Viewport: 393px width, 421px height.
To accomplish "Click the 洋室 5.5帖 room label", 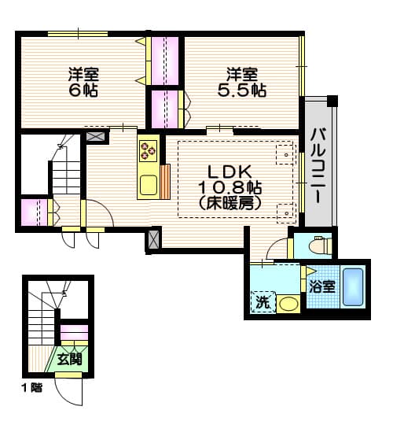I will click(242, 82).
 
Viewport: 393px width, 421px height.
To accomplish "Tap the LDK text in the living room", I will click(230, 172).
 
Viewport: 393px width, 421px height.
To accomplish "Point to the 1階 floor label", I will click(32, 388).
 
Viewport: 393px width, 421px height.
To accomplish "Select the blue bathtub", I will click(354, 289).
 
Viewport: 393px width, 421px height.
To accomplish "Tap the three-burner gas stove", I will click(148, 149).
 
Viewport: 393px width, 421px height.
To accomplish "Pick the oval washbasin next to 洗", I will click(288, 304).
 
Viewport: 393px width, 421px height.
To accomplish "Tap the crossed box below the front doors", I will click(154, 241).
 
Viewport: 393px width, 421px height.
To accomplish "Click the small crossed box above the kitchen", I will click(96, 136).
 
